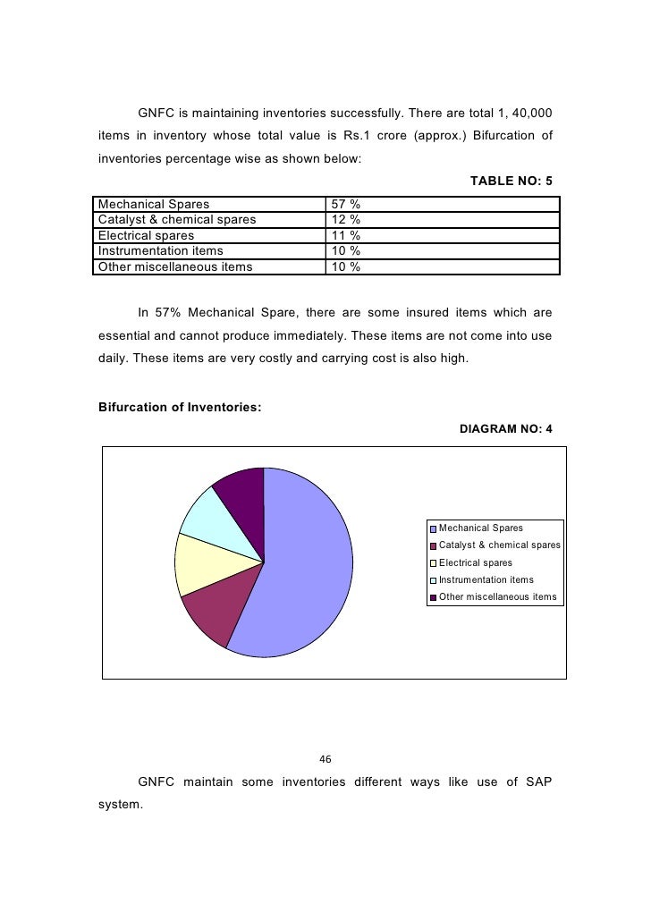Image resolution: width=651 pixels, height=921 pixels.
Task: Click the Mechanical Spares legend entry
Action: [480, 528]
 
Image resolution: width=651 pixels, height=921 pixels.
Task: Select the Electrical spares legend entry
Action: [475, 563]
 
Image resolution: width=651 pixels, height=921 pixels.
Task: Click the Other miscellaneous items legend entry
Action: [497, 597]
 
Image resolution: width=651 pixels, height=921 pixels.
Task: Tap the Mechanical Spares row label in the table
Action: [154, 204]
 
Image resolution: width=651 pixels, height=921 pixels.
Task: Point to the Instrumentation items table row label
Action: [161, 251]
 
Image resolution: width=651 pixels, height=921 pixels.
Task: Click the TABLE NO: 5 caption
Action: [511, 181]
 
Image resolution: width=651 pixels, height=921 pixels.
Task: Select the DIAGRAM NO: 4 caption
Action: [505, 429]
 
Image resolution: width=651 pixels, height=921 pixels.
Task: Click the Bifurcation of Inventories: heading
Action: [179, 408]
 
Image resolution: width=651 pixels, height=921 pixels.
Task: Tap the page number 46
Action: [325, 760]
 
